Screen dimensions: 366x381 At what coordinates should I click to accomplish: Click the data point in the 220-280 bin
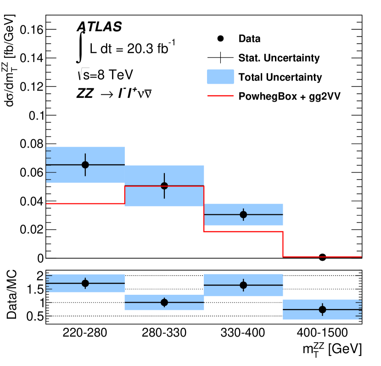pos(85,165)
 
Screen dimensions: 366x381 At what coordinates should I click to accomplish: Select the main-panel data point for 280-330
pos(164,186)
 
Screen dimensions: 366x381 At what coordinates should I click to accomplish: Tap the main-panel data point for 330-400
pos(243,214)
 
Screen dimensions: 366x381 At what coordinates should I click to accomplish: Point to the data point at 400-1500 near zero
pos(322,257)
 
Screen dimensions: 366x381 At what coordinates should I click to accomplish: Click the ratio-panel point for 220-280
pos(85,283)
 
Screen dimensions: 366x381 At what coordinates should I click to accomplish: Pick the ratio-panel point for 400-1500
pos(322,310)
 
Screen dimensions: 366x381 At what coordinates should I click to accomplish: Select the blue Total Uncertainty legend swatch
pos(221,77)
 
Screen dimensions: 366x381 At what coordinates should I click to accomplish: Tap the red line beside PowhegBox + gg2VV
pos(221,96)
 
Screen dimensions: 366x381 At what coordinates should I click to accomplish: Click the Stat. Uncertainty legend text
pos(279,58)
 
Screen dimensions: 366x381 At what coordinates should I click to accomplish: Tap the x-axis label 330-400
pos(243,333)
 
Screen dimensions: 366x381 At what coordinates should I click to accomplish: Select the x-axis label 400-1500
pos(322,333)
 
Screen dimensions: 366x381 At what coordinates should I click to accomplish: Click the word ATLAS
pos(99,27)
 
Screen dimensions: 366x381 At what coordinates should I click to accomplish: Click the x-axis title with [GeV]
pos(332,350)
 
